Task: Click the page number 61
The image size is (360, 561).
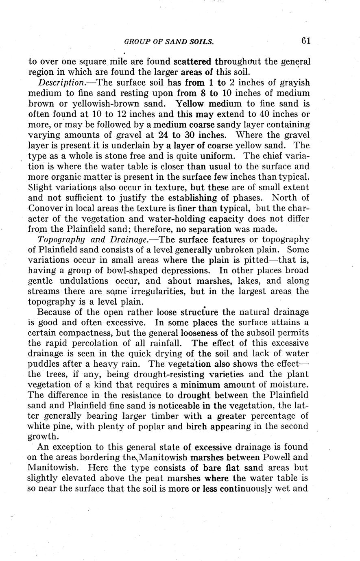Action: coord(306,41)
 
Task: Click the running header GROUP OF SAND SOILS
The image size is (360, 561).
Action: coord(169,41)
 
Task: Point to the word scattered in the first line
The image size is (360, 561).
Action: coord(192,62)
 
